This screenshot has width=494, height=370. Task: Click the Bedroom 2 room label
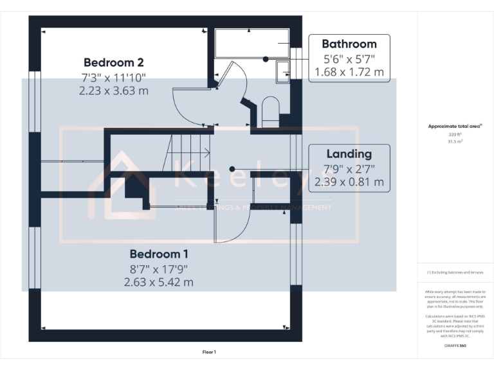(113, 62)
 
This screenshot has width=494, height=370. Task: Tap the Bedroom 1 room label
(159, 254)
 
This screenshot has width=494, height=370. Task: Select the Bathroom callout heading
(349, 44)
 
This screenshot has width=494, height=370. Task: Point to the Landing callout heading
(349, 154)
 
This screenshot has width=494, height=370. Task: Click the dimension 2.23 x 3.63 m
(113, 91)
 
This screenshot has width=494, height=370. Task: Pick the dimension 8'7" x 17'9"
(159, 268)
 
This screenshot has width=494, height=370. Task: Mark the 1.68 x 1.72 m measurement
(349, 72)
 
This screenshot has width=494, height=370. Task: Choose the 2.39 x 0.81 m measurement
(349, 182)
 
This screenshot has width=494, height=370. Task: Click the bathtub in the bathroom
(252, 44)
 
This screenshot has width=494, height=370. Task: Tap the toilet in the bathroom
(271, 111)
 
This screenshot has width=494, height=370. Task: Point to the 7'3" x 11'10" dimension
(113, 77)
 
